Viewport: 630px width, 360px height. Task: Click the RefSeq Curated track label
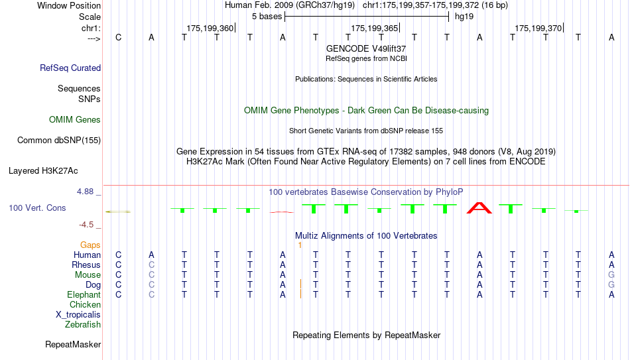(70, 68)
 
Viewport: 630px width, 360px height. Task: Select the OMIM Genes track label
(75, 120)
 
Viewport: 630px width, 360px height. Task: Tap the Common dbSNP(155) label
(59, 141)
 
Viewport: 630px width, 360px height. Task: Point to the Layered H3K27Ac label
(43, 171)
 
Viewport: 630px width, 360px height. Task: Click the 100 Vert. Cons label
(37, 208)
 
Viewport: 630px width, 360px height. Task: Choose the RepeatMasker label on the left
(73, 344)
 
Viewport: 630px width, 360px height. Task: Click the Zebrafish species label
(83, 324)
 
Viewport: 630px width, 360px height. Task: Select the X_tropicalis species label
(78, 315)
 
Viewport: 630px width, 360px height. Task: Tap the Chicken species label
(85, 304)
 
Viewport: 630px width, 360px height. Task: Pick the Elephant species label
(84, 295)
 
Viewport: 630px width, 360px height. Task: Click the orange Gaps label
(90, 245)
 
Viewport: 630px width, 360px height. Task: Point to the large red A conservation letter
(479, 208)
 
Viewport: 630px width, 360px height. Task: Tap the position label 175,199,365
(374, 28)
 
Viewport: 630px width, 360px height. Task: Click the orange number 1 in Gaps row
(300, 245)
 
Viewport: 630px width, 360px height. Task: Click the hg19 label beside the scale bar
(464, 17)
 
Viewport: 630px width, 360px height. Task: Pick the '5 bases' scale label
(267, 17)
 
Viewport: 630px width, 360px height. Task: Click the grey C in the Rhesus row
(151, 265)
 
